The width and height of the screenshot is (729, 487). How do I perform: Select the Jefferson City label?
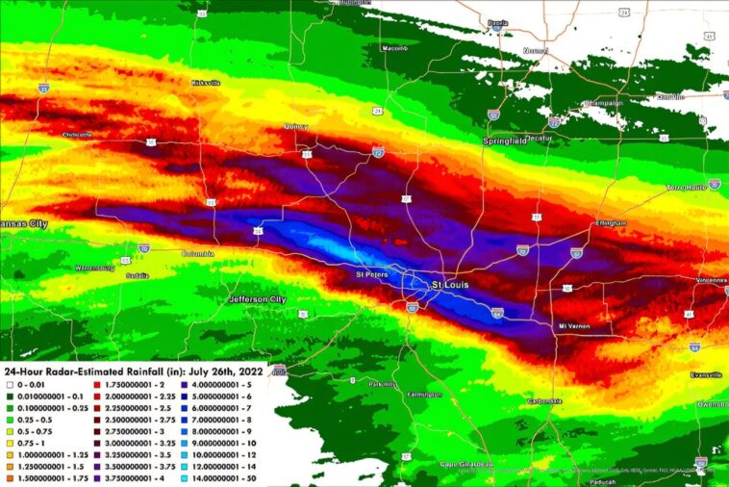(258, 299)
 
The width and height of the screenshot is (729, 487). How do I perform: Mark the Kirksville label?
(206, 83)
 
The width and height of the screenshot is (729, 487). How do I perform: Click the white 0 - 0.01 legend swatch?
(8, 385)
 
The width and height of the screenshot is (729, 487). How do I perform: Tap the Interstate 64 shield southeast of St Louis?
(498, 312)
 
